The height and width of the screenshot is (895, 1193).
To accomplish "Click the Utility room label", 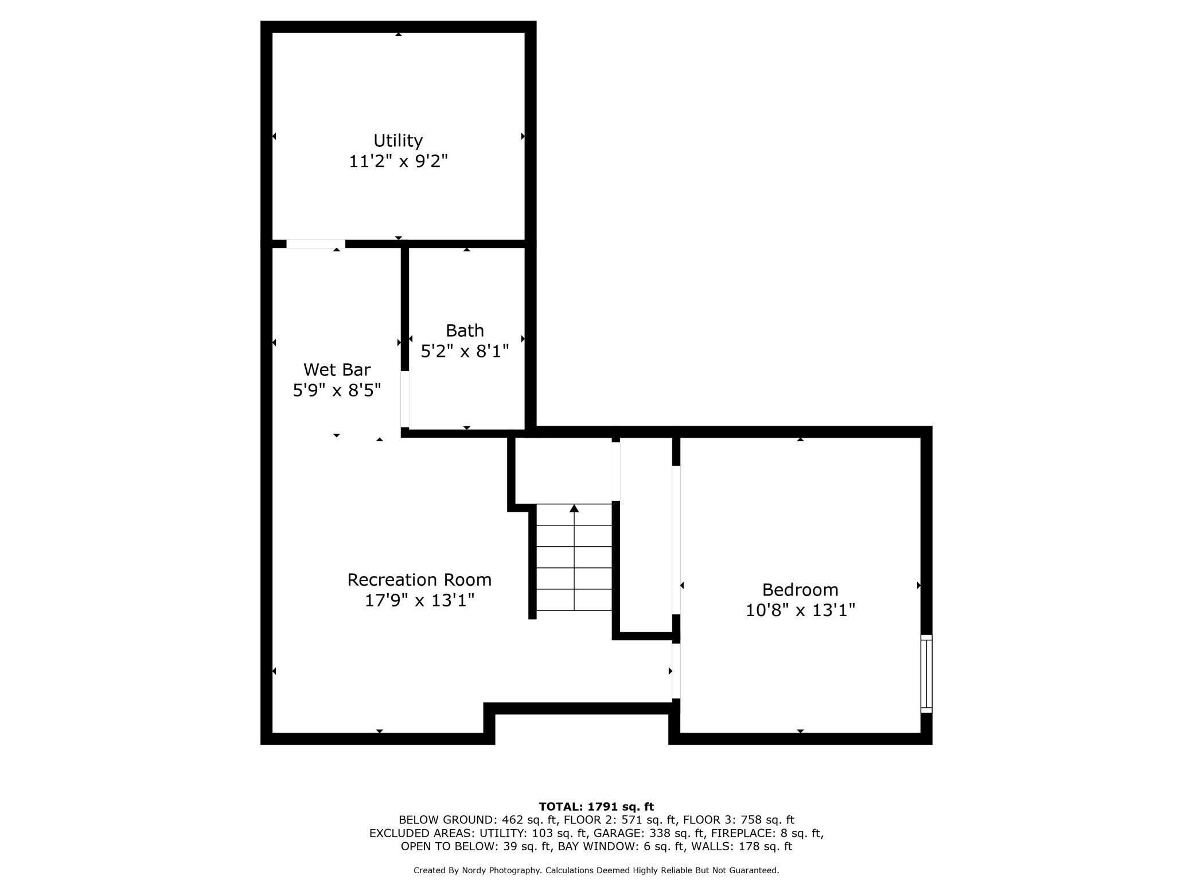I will tap(398, 141).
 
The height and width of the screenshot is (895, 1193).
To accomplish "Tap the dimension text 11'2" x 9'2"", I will tap(398, 161).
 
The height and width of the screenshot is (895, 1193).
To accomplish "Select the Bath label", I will tap(465, 330).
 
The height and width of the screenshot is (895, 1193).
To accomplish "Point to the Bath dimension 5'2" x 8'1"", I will tap(465, 351).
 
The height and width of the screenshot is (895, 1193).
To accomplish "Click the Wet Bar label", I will tap(337, 369).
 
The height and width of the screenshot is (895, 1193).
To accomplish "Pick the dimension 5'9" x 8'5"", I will tap(337, 391).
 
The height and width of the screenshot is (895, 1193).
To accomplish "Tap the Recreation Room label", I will tap(419, 579).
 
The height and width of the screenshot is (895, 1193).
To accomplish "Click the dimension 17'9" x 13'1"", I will tap(419, 601).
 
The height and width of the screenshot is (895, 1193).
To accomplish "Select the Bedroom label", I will tap(800, 590).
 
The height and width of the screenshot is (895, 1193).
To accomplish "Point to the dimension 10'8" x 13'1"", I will tap(800, 610).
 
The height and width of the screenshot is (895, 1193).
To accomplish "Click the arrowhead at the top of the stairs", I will tap(574, 508).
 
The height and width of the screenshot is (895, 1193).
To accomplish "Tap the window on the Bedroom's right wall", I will tap(926, 674).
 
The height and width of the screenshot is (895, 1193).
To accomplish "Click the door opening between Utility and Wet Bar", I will tap(315, 244).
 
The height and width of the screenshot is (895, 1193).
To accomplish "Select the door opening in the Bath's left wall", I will tap(405, 399).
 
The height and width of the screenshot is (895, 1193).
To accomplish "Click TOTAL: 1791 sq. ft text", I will tap(596, 807).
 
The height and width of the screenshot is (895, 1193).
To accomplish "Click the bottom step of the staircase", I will tap(574, 600).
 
